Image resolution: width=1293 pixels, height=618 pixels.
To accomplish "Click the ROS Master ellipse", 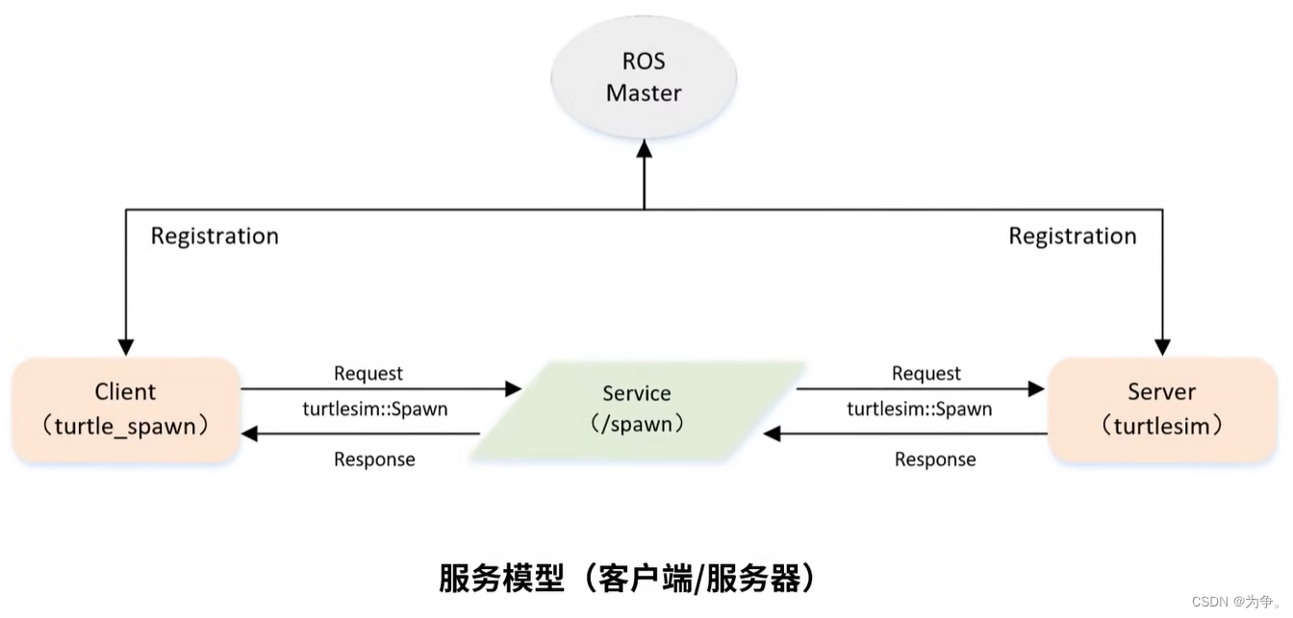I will point(644,78).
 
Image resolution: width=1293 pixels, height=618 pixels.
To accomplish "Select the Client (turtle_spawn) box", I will point(125,409).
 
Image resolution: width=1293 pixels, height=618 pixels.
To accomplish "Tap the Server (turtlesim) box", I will point(1161,409).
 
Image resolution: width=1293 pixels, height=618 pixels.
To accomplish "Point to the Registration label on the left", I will point(215,236).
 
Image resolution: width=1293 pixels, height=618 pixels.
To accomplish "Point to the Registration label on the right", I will point(1072,236).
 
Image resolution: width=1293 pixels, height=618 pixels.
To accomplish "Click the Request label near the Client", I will point(368,373).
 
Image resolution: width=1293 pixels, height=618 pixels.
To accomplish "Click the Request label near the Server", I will point(925,373).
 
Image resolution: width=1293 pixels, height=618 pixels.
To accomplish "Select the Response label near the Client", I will point(374,459).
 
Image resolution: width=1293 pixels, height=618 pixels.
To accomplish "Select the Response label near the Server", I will point(935,459).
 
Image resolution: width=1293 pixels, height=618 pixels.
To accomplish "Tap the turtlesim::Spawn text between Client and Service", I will point(375,408).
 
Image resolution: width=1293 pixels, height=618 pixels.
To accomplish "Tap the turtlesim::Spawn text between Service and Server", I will point(919,408).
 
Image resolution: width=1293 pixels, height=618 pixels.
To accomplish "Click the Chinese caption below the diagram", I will point(627,579).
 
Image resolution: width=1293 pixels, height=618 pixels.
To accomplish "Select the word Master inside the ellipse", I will point(644,93).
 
